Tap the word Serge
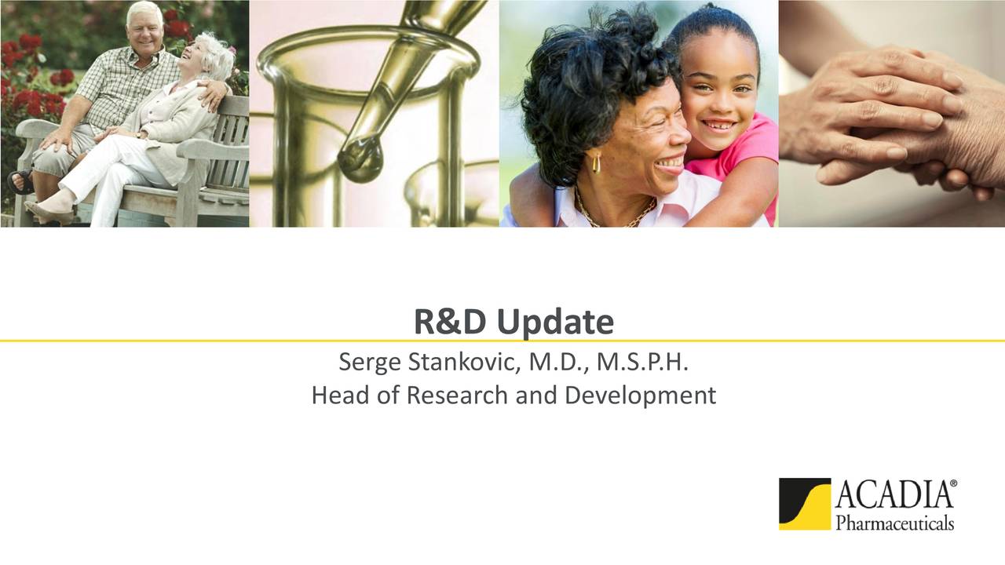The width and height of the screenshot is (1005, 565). click(x=370, y=363)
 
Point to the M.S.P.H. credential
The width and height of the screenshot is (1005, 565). click(x=642, y=362)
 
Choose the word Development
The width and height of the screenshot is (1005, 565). click(x=640, y=396)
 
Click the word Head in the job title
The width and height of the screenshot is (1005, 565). click(x=341, y=395)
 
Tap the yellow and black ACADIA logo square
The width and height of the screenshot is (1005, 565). click(x=805, y=504)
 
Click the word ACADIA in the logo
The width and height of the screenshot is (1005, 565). click(x=893, y=494)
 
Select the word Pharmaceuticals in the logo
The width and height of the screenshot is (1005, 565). click(x=895, y=523)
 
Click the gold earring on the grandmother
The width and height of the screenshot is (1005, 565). click(x=596, y=163)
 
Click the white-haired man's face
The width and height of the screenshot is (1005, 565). click(x=144, y=31)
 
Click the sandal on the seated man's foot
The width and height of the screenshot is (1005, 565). click(x=20, y=181)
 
